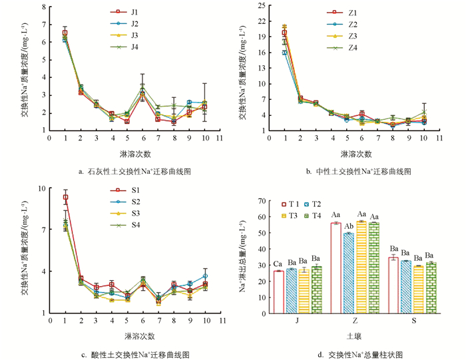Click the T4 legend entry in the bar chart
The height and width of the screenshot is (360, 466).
click(x=316, y=214)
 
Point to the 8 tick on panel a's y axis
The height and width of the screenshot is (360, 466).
click(x=44, y=7)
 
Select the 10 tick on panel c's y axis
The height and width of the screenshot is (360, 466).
click(x=42, y=188)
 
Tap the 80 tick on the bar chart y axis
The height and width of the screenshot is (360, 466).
click(x=260, y=200)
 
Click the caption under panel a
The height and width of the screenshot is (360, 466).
click(x=135, y=171)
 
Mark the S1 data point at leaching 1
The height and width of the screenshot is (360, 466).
click(x=65, y=197)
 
